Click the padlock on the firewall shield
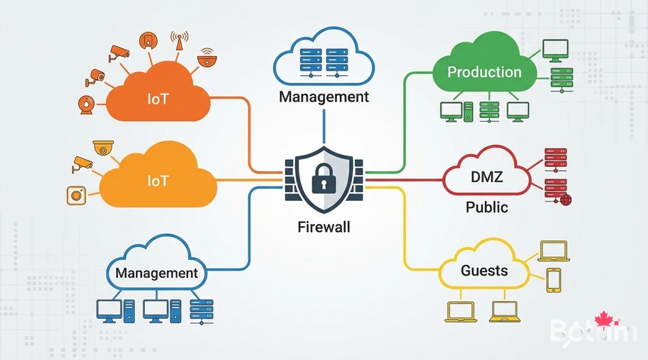tap(324, 176)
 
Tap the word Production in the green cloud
tap(484, 72)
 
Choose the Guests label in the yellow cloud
tap(484, 271)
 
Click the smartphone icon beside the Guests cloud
tap(553, 280)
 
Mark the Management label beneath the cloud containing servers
tap(323, 96)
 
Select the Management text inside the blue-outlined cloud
tap(156, 274)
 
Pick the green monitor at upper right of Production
tap(554, 49)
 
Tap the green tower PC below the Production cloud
tap(467, 109)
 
